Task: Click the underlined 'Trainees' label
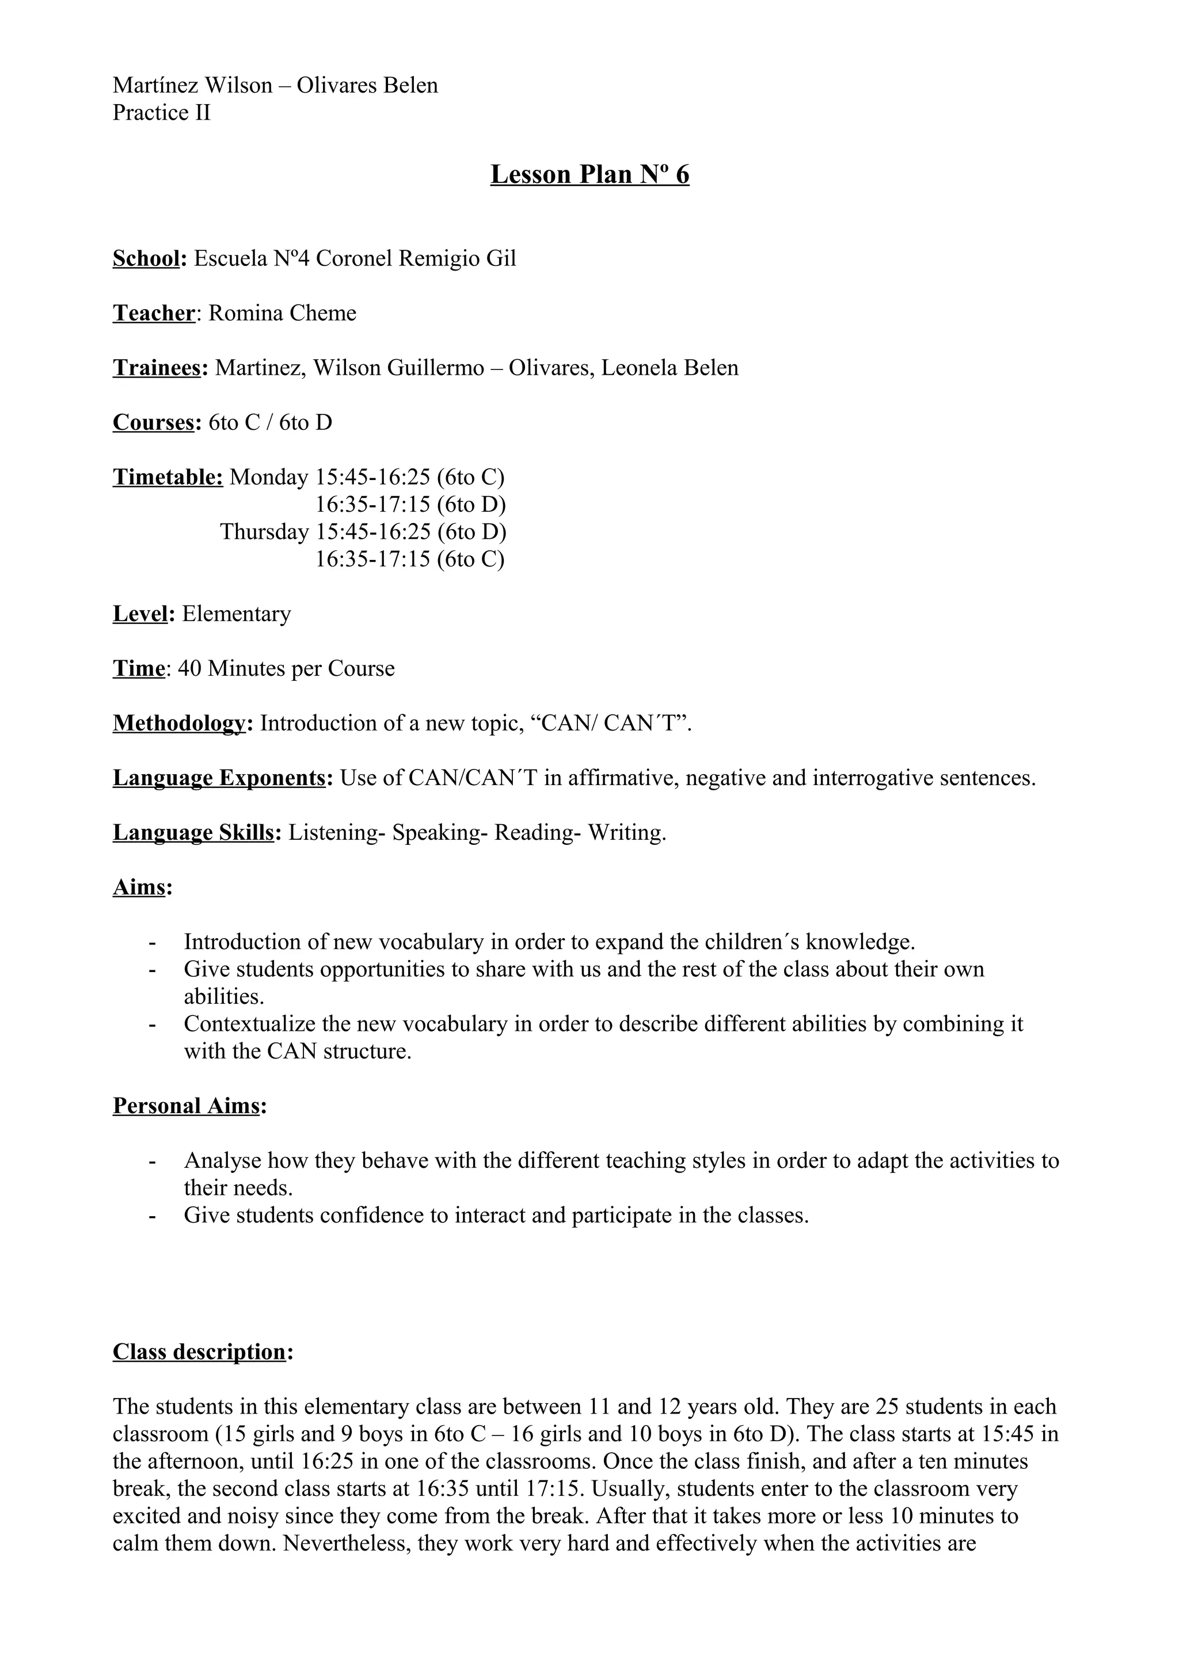(x=156, y=368)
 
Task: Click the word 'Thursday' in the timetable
(x=264, y=532)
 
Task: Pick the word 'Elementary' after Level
(x=236, y=614)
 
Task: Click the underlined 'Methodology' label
(x=178, y=723)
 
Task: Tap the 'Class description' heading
(x=200, y=1352)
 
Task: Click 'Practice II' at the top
(x=161, y=113)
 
